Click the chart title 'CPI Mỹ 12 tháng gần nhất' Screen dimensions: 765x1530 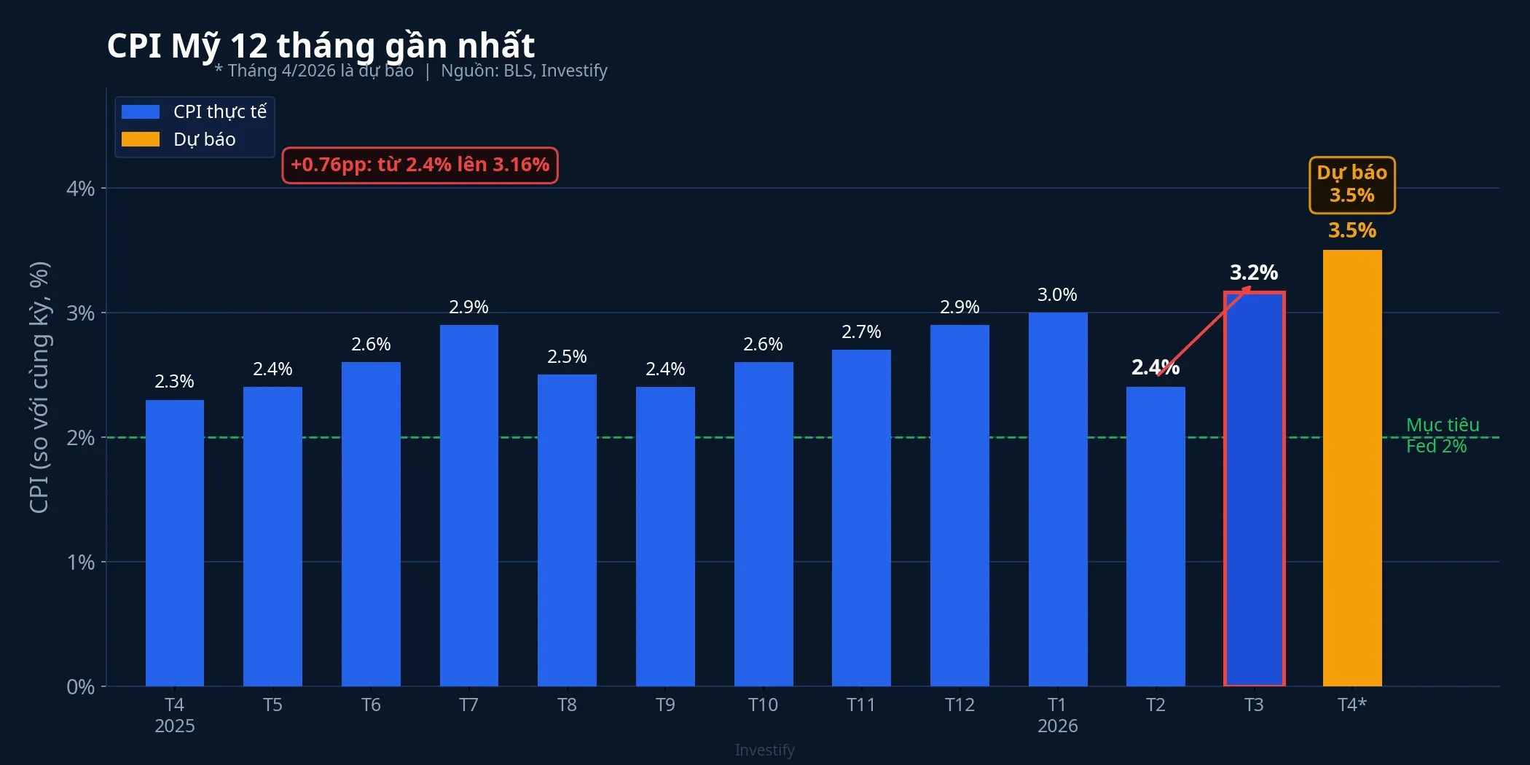(321, 45)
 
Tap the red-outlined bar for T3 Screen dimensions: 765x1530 (1254, 488)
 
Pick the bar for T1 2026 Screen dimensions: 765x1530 (1058, 499)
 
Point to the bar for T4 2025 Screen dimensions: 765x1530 (175, 543)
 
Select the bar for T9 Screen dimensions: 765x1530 (665, 536)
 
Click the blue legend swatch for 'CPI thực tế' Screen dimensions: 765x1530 (141, 111)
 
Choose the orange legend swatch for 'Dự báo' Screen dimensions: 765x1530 (141, 139)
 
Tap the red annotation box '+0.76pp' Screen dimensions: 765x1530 (420, 165)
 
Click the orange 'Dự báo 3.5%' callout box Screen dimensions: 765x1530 (1351, 185)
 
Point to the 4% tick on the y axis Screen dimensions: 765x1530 (81, 189)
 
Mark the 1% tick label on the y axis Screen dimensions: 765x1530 (81, 562)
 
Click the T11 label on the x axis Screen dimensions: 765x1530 (860, 705)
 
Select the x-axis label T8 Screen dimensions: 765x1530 (567, 705)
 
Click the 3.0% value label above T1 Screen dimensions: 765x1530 (1057, 295)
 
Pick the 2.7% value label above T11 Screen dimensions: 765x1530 (861, 332)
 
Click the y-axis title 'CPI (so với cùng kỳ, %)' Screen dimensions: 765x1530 (39, 387)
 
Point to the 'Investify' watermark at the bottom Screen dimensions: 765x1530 (764, 750)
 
